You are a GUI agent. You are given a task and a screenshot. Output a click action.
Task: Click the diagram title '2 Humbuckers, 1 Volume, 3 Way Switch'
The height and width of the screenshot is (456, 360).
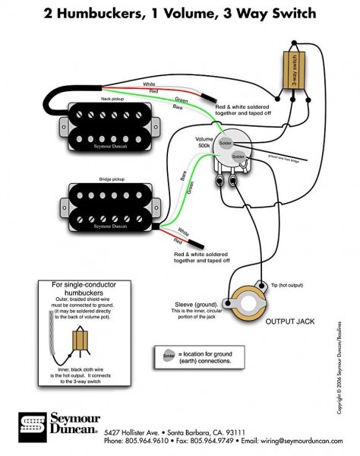(x=179, y=14)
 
